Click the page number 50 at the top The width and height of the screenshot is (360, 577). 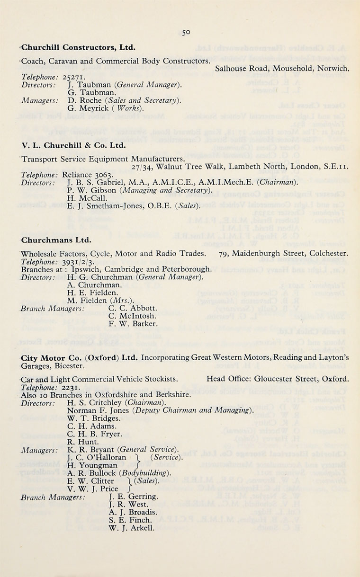pos(185,33)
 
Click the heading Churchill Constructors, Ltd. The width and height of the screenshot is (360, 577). pos(79,47)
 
